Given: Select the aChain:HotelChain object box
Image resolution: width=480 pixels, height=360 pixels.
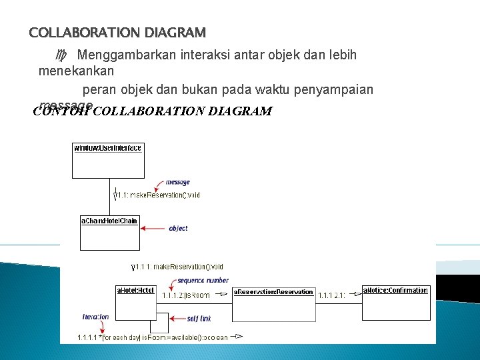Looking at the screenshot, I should coord(109,231).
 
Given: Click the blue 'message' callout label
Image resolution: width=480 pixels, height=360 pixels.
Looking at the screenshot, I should coord(177,182).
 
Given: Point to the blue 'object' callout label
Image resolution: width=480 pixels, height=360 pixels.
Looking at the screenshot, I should coord(178,228).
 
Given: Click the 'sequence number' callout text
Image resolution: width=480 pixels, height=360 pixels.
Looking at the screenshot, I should coord(203,281).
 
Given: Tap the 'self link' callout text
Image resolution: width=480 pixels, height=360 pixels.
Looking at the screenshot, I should coord(201,319).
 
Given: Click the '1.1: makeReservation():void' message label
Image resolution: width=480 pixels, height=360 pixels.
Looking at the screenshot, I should coord(159,195).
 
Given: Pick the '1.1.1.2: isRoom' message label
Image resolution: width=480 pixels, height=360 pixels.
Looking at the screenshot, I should coord(186,295).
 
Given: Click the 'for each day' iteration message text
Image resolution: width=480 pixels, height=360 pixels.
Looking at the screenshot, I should coord(153,337).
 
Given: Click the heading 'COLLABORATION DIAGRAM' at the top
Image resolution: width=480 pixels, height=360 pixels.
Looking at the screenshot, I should coord(117,32).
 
